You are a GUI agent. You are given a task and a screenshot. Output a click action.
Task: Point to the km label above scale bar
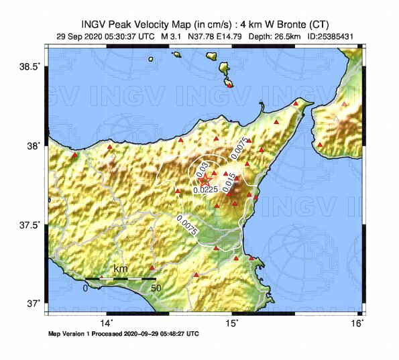click(x=121, y=269)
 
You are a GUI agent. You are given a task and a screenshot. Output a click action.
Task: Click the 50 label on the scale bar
click(x=156, y=288)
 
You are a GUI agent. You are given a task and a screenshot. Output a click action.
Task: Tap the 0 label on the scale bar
click(x=85, y=288)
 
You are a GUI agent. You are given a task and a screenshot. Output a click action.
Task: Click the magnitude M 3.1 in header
click(x=170, y=36)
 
